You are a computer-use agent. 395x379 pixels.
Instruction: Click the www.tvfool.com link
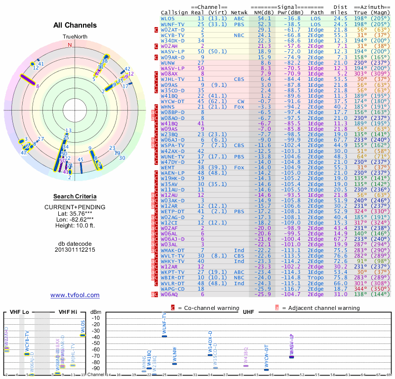[75, 295]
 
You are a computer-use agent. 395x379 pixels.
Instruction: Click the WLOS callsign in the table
[167, 19]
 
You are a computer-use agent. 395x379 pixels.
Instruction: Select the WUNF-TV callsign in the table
[171, 24]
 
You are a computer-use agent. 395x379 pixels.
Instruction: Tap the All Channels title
[75, 26]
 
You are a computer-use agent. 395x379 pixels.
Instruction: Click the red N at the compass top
[70, 44]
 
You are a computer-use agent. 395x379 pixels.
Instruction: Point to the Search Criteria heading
[75, 196]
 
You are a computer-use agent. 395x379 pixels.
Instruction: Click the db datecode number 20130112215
[75, 250]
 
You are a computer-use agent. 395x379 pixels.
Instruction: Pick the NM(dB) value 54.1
[264, 19]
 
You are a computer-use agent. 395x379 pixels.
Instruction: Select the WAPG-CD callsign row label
[171, 289]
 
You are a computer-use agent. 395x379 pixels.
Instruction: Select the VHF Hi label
[68, 312]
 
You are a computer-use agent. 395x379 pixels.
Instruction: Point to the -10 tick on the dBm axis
[96, 318]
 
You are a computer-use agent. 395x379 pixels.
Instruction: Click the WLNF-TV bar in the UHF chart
[164, 336]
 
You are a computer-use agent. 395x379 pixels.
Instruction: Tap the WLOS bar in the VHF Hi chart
[83, 335]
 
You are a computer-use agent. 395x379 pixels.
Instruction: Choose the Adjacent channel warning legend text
[320, 308]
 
